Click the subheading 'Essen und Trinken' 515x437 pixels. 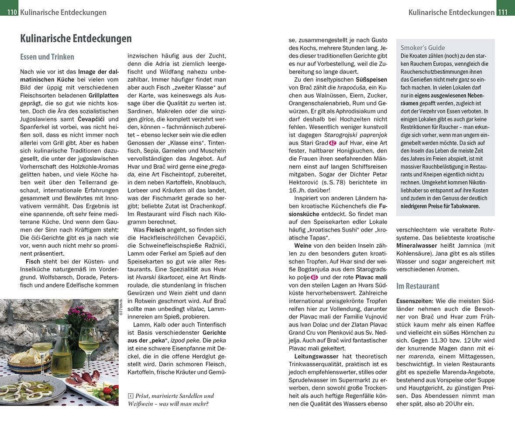[47, 57]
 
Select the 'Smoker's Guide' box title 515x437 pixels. [423, 48]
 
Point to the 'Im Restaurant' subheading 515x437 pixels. [418, 286]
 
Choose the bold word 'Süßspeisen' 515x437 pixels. [371, 80]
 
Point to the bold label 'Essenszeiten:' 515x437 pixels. [415, 301]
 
